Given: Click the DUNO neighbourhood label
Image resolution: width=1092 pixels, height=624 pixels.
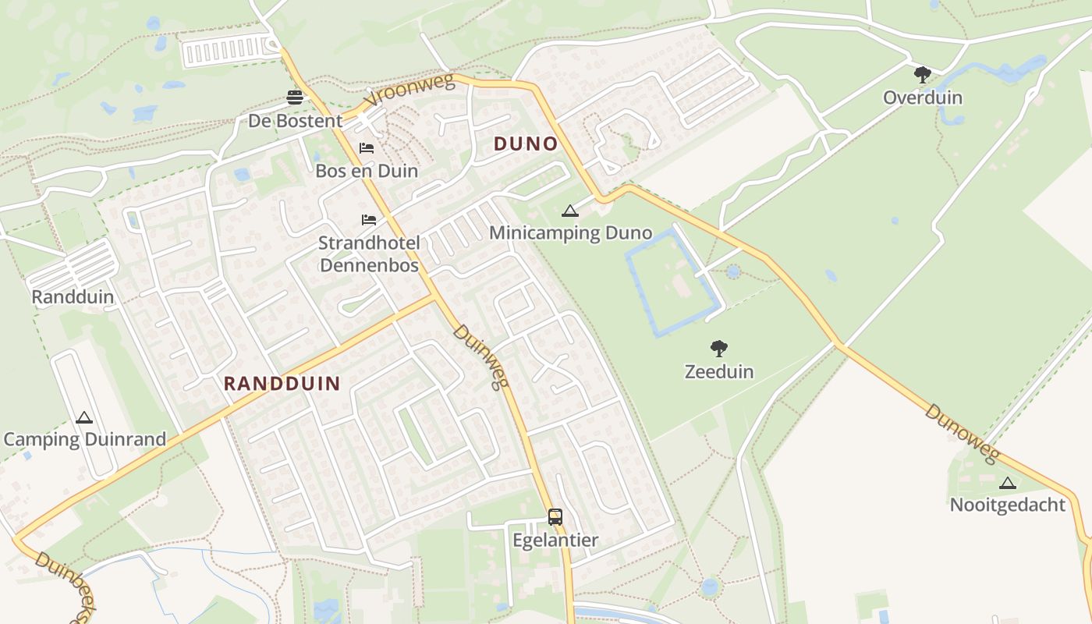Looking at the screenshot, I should click(x=526, y=144).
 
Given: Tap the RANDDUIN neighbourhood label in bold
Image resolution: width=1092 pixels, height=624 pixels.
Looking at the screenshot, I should click(x=282, y=383).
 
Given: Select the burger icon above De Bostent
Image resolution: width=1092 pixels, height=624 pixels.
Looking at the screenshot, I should click(x=295, y=97).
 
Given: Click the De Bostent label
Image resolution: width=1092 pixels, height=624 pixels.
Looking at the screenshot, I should click(x=295, y=121).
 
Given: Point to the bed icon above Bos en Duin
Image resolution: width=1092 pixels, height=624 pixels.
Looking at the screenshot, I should click(x=367, y=147).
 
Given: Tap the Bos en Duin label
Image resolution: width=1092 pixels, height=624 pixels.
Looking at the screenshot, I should click(x=367, y=171).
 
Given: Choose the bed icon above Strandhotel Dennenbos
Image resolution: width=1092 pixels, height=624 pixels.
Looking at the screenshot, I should click(x=369, y=220).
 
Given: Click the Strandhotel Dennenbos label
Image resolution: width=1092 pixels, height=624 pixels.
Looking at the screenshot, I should click(x=369, y=254).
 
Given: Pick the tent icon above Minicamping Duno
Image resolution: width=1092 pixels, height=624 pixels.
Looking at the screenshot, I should click(x=570, y=210).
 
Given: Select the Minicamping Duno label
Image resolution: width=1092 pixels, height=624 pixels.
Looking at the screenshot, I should click(x=570, y=232).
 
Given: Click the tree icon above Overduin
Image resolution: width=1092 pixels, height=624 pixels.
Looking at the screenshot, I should click(x=923, y=75).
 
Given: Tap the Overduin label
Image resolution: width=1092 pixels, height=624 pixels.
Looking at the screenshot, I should click(x=923, y=97).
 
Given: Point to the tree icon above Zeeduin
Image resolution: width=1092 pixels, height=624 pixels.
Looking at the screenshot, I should click(x=719, y=349).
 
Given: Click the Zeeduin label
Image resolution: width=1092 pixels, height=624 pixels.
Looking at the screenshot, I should click(x=719, y=371).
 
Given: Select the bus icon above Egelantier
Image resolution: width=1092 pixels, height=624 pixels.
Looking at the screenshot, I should click(x=555, y=516).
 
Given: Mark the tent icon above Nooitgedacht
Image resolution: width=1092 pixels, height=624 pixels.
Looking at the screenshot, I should click(x=1008, y=483).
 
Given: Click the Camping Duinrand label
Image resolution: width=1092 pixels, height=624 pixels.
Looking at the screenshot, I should click(x=85, y=439).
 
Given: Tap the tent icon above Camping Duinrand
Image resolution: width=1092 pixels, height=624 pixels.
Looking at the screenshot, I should click(x=84, y=417).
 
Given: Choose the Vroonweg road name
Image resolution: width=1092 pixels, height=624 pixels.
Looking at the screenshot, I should click(x=409, y=91).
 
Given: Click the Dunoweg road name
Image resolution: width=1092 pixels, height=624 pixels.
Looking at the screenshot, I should click(x=961, y=434).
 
